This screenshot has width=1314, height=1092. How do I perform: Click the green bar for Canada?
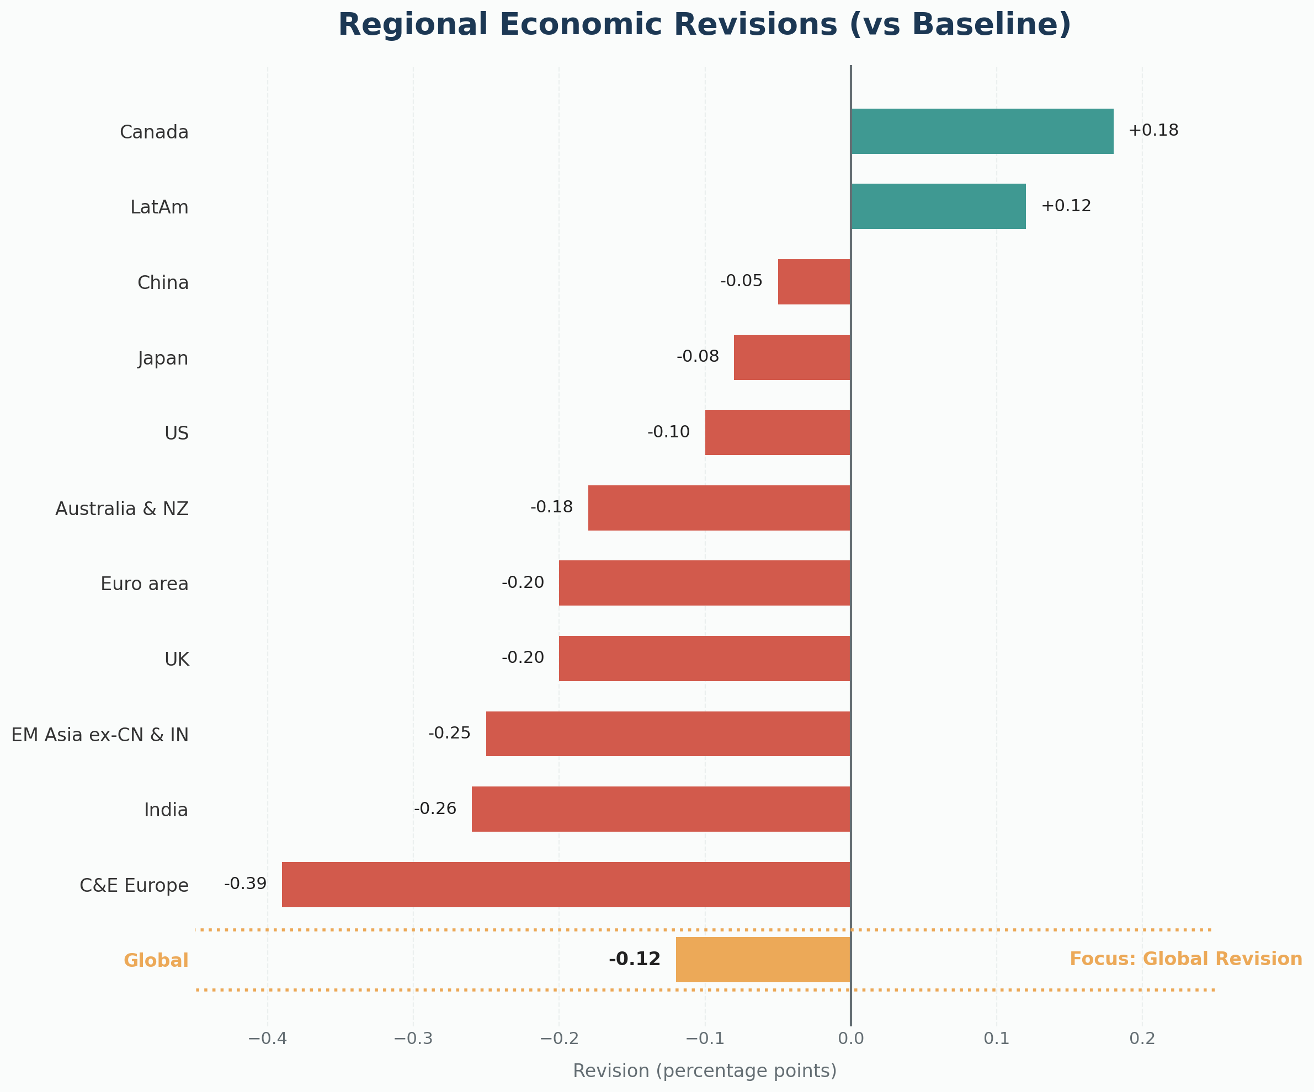coord(982,131)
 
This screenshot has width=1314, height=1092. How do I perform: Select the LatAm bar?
coord(938,206)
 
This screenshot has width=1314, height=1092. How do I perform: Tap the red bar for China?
coord(814,282)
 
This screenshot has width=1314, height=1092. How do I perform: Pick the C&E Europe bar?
coord(566,885)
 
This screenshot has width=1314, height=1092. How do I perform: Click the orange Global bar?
coord(763,960)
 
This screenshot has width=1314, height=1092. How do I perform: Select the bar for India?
coord(661,809)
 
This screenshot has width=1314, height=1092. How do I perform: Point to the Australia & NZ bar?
coord(720,508)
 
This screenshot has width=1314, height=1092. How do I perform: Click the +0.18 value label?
coord(1153,131)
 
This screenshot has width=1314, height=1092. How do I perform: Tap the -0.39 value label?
coord(245,884)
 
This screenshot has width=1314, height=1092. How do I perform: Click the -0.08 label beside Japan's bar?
coord(698,356)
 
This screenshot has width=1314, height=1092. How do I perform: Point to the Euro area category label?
coord(145,584)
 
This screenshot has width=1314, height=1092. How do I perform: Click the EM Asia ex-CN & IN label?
coord(100,735)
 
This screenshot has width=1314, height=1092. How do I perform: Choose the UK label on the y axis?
coord(177,659)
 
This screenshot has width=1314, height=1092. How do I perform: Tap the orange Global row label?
coord(156,961)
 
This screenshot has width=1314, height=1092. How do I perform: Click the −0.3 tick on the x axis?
coord(412,1039)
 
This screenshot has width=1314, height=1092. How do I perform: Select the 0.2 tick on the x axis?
coord(1142,1039)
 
